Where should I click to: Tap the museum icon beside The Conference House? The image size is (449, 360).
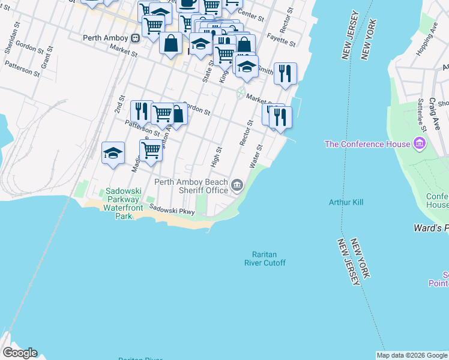tap(419, 144)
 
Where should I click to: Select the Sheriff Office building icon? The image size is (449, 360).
tap(237, 186)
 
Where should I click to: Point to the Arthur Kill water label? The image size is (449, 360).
tap(346, 202)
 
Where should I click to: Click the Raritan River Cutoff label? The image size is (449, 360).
tap(265, 259)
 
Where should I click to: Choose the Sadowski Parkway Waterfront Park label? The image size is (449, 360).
tap(123, 203)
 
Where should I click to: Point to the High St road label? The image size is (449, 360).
tap(217, 157)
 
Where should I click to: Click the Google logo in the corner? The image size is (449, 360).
tap(19, 353)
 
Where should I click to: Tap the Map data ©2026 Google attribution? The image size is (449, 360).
tap(412, 355)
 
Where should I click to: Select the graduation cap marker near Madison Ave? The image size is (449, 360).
tap(113, 154)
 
